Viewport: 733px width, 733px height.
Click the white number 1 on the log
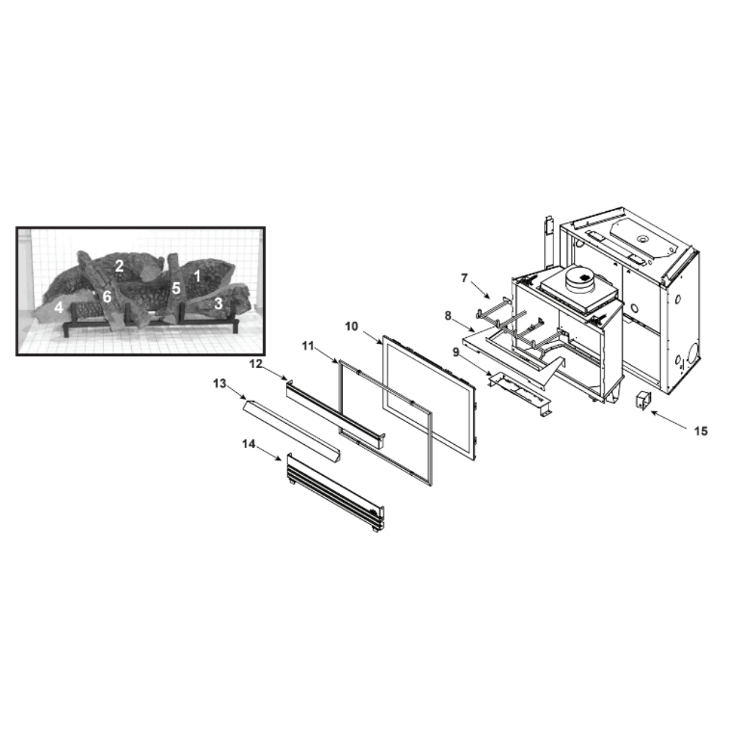[x=197, y=276]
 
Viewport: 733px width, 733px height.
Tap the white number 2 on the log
[x=119, y=266]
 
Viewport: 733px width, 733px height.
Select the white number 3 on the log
[x=218, y=303]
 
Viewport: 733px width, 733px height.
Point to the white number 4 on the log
[x=59, y=307]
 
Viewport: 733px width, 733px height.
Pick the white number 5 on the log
[x=176, y=288]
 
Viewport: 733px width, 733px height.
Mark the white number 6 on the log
[x=107, y=296]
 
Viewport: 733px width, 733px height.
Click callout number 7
[x=464, y=278]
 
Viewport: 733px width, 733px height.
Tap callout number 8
[x=448, y=316]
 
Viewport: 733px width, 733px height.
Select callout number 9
[x=456, y=352]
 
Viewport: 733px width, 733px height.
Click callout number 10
[x=352, y=326]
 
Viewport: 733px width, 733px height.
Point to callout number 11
[x=308, y=345]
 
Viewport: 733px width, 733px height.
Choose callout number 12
[x=256, y=364]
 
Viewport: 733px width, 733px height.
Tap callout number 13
[x=220, y=383]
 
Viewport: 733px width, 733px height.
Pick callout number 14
[x=248, y=443]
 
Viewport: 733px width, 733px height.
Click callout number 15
[x=701, y=431]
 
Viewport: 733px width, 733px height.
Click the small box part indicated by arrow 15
[x=644, y=401]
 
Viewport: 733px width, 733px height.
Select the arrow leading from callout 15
[x=669, y=419]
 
